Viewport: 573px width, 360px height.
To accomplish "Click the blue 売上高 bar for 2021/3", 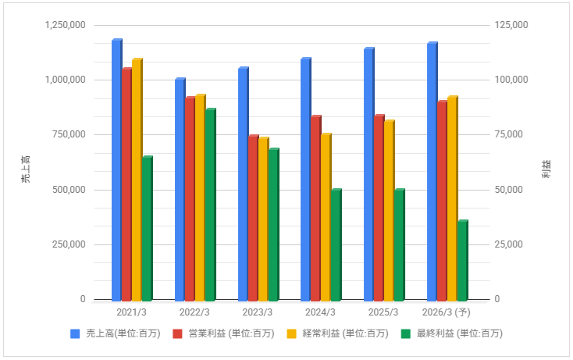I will (x=116, y=170).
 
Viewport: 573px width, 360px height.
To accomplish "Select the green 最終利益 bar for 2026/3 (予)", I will (x=461, y=261).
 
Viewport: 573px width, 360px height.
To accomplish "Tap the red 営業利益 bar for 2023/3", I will (x=252, y=218).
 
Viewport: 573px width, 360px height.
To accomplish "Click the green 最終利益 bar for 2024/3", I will (x=336, y=244).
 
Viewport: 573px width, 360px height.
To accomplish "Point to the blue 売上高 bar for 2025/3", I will (x=368, y=174).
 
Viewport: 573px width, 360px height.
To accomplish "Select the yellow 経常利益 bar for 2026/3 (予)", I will (x=451, y=198).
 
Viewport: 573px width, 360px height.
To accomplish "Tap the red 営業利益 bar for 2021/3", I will (x=126, y=184).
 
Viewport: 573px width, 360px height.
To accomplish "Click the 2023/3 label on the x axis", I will (x=258, y=312).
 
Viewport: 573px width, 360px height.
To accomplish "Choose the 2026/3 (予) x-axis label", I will (x=447, y=312).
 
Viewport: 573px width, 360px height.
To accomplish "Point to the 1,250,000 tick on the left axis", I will (x=65, y=25).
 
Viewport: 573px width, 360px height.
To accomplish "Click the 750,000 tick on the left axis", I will (x=69, y=134).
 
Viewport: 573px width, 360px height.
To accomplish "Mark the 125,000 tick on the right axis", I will (x=511, y=25).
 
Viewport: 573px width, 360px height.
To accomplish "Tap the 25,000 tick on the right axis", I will (x=509, y=244).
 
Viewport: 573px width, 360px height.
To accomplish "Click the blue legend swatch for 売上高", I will (x=76, y=333).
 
